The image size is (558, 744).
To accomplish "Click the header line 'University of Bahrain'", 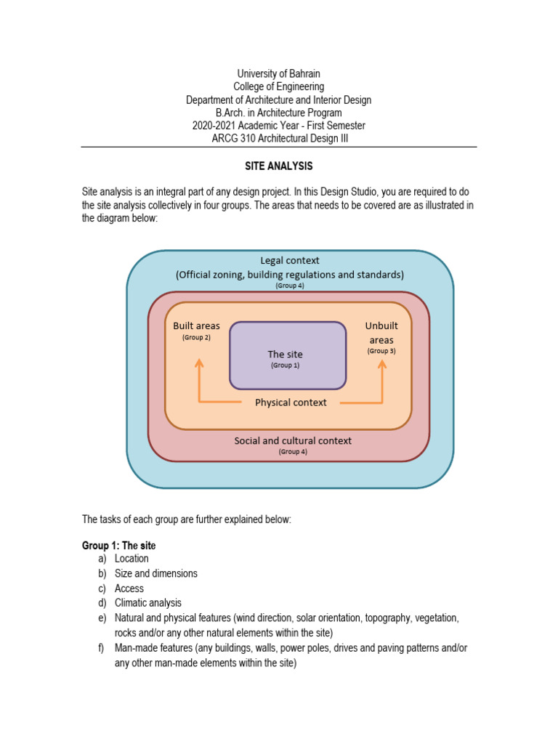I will pyautogui.click(x=278, y=74).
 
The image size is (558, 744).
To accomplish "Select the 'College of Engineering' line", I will pyautogui.click(x=278, y=87).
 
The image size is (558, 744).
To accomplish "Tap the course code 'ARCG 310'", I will pyautogui.click(x=229, y=138).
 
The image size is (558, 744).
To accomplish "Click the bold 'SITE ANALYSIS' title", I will pyautogui.click(x=278, y=166).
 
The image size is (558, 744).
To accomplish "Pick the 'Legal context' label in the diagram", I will pyautogui.click(x=289, y=260).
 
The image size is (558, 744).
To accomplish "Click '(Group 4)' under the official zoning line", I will pyautogui.click(x=289, y=286).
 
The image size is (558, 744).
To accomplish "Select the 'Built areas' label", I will pyautogui.click(x=196, y=325).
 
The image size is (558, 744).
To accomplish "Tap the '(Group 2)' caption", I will pyautogui.click(x=196, y=338).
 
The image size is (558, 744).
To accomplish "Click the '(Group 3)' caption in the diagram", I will pyautogui.click(x=381, y=351).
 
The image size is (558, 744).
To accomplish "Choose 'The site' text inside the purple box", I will pyautogui.click(x=285, y=354).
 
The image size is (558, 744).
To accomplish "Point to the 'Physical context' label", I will pyautogui.click(x=291, y=403).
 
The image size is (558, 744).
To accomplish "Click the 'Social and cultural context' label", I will pyautogui.click(x=292, y=441).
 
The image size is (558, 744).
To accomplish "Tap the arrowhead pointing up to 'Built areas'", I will pyautogui.click(x=199, y=363).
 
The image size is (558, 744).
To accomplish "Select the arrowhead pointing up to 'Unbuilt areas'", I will pyautogui.click(x=381, y=363).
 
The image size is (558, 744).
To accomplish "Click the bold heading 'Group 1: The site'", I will pyautogui.click(x=118, y=545).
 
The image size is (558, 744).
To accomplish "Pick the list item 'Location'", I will pyautogui.click(x=132, y=559).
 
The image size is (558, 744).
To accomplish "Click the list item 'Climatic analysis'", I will pyautogui.click(x=148, y=603).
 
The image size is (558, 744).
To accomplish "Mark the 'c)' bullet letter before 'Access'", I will pyautogui.click(x=101, y=589).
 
